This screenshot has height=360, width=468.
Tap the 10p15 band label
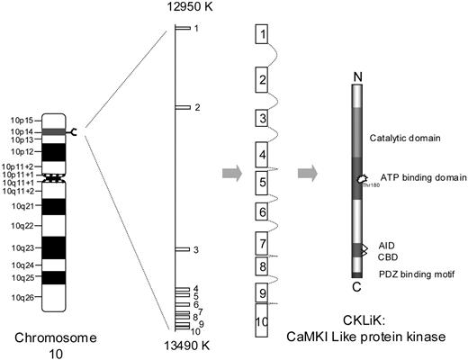click(21, 120)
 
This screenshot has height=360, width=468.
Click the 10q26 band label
click(21, 297)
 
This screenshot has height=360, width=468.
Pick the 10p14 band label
click(21, 130)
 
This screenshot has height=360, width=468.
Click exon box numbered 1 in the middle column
click(262, 35)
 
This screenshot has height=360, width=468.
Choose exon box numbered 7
click(262, 243)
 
